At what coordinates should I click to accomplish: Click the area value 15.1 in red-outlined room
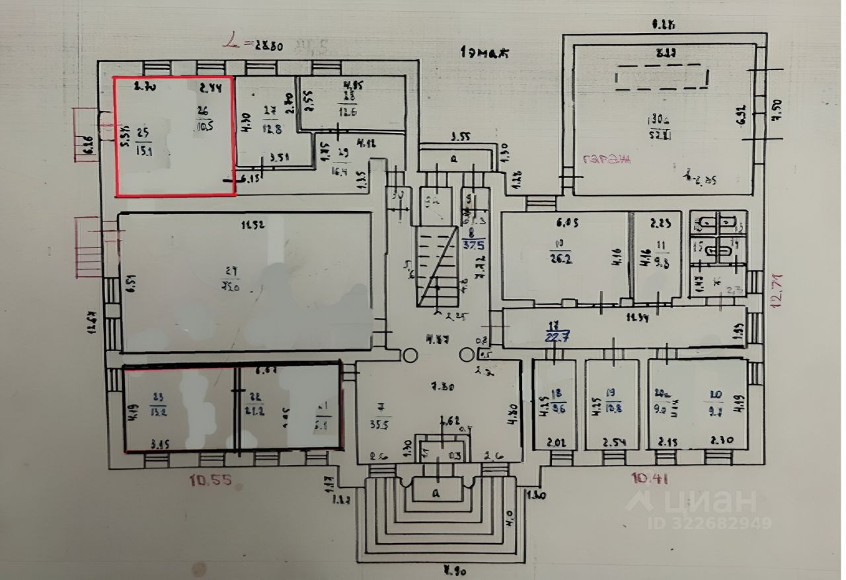(x=143, y=149)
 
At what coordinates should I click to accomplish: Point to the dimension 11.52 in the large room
(x=254, y=225)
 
